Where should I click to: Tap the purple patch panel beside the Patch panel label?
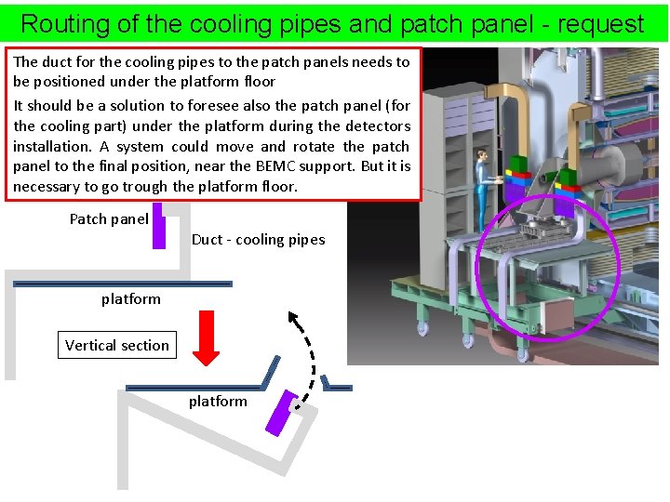pos(158,225)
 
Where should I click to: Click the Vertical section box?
pos(117,345)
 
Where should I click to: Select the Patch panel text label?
pos(109,219)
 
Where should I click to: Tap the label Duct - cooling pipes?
pos(258,240)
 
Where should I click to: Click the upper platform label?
pos(130,298)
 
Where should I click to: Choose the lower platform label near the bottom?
pos(218,401)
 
